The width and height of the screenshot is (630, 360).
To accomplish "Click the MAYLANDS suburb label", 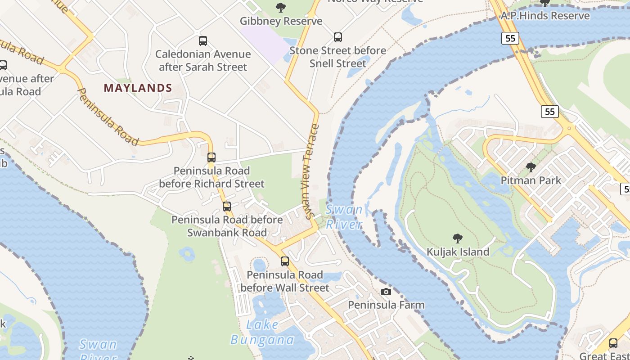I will tap(138, 88).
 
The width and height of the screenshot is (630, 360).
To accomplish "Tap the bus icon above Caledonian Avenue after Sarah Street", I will tap(203, 41).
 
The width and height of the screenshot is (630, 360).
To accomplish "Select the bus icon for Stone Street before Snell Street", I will tap(338, 37).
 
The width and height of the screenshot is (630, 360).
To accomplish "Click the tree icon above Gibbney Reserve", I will tap(281, 7).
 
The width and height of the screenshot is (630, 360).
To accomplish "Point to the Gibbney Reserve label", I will tap(281, 21).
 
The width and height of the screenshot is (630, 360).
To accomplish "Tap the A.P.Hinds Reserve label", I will tap(545, 16).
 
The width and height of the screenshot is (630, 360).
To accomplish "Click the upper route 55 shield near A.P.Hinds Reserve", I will tap(510, 38).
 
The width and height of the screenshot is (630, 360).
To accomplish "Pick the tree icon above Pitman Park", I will tap(531, 168).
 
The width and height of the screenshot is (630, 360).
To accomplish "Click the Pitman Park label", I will tap(531, 180).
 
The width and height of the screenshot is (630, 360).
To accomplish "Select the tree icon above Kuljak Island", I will tap(458, 238).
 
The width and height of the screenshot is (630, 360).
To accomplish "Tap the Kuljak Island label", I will tap(458, 252).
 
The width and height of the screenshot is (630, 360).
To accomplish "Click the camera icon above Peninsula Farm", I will tap(386, 292).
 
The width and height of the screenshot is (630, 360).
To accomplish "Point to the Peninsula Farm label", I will tap(386, 305).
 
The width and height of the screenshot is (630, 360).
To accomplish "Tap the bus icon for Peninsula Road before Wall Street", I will tap(284, 261).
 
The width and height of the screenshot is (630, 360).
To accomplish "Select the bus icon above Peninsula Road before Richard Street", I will tap(211, 157).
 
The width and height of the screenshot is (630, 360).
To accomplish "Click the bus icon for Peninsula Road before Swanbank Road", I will tap(227, 207).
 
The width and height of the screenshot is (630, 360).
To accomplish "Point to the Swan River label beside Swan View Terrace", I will tap(344, 216).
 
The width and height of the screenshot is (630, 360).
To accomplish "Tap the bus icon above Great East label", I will tap(613, 343).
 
